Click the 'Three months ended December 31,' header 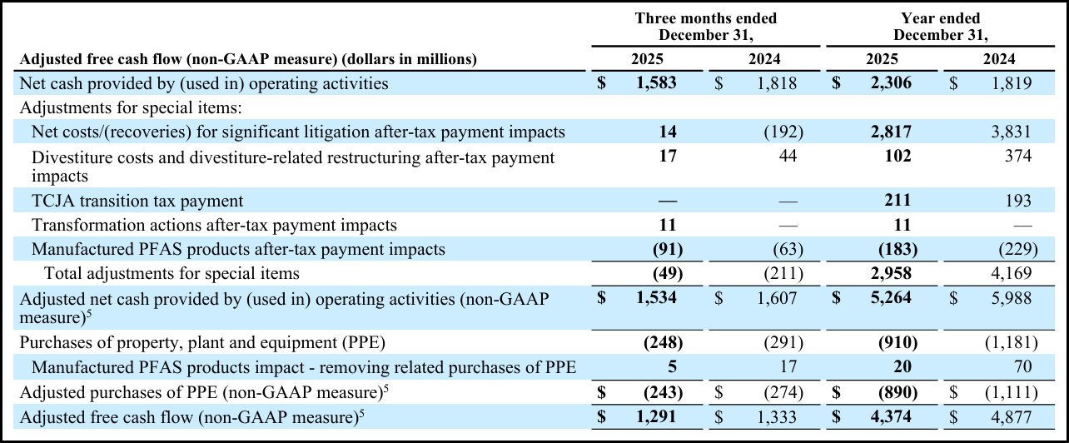[705, 26]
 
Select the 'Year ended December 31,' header [940, 26]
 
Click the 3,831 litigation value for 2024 [1011, 132]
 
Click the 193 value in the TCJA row [1017, 201]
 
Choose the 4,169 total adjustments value [1011, 273]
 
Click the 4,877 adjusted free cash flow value [1011, 415]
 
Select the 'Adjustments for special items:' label [130, 107]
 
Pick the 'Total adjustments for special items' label [172, 273]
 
